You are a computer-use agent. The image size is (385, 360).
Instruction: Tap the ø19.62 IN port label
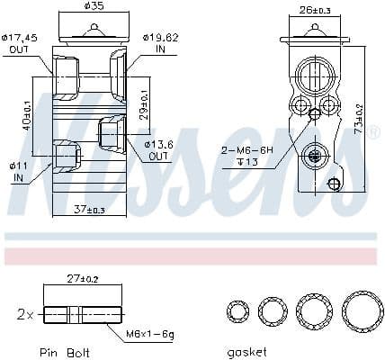(161, 43)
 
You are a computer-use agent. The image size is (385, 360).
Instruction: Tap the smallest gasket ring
(238, 313)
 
